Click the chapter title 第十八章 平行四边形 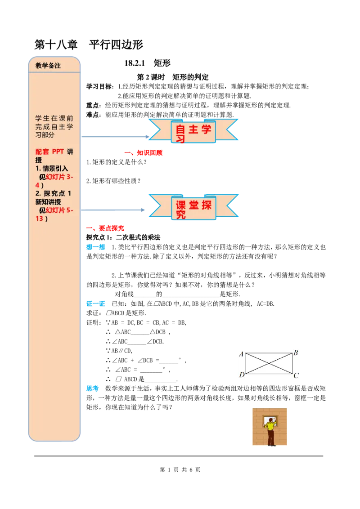click(x=89, y=45)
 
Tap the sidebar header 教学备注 click(x=48, y=66)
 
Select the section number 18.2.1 click(x=135, y=63)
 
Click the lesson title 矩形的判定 click(x=190, y=77)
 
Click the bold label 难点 click(x=93, y=115)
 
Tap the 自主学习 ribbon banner click(x=193, y=131)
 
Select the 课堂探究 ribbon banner click(x=193, y=207)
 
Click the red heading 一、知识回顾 click(x=143, y=153)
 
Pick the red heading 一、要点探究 click(x=105, y=228)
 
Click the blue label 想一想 click(x=95, y=247)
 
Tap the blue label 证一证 click(x=95, y=304)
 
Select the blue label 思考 click(x=92, y=388)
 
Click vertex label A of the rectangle click(x=241, y=354)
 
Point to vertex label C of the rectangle click(x=296, y=375)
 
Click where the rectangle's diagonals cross click(x=269, y=363)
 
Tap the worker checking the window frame click(x=270, y=430)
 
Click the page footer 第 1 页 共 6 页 click(x=180, y=470)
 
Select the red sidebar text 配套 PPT click(x=49, y=152)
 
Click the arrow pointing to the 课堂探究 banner click(x=113, y=210)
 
